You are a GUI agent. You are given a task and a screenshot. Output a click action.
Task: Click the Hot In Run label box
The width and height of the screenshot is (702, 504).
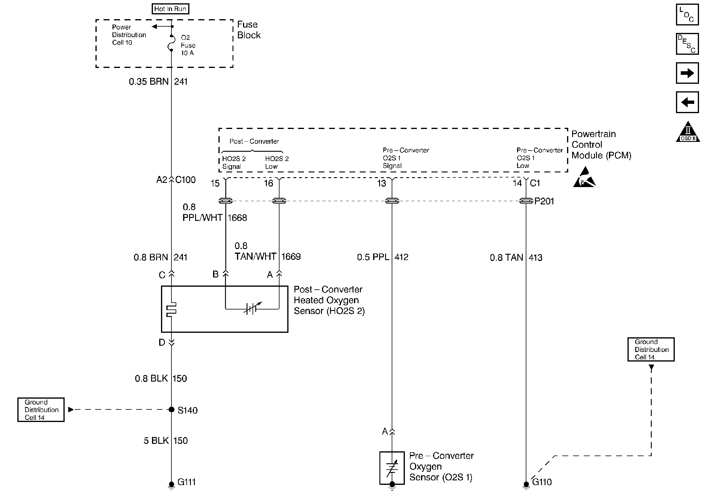click(170, 9)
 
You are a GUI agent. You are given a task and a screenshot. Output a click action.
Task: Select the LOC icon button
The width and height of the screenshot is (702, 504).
click(687, 15)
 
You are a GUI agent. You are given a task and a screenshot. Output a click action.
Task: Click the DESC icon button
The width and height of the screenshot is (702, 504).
click(687, 44)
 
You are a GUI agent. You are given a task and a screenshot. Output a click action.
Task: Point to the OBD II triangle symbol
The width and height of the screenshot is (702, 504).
click(688, 132)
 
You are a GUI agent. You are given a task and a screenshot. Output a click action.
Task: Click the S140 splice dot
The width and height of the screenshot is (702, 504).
click(171, 410)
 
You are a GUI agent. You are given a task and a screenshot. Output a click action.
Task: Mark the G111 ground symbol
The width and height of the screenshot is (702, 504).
click(171, 485)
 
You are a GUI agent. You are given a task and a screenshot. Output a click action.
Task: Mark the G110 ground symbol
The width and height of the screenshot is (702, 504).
click(526, 485)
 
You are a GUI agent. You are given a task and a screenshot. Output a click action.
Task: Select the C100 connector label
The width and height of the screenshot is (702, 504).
click(186, 180)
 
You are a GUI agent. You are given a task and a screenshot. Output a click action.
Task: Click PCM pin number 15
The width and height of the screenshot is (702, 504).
click(215, 183)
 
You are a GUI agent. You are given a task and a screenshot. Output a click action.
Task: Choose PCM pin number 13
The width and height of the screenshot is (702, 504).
click(381, 183)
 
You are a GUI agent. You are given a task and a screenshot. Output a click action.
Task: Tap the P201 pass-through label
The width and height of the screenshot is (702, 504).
click(544, 201)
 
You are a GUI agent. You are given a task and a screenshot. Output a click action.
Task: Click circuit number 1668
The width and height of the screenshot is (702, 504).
click(237, 218)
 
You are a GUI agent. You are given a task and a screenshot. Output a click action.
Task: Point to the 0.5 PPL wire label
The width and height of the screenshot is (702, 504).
click(373, 257)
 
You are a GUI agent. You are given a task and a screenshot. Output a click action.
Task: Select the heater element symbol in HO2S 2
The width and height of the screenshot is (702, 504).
click(171, 309)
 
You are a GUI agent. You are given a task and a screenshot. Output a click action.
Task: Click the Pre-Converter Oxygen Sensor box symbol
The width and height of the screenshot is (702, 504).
click(392, 468)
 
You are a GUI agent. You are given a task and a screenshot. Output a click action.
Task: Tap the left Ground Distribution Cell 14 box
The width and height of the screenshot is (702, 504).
click(41, 410)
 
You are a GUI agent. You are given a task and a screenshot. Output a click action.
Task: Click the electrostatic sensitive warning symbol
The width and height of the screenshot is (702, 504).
click(584, 178)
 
